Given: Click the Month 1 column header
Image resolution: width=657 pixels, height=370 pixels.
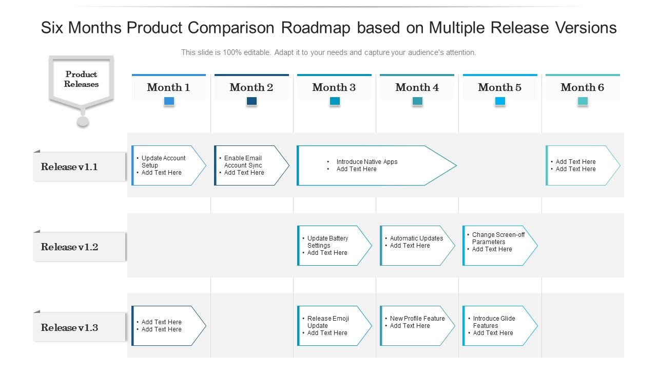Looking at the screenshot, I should pyautogui.click(x=168, y=87).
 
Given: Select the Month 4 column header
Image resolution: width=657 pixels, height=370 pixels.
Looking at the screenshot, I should pyautogui.click(x=417, y=87).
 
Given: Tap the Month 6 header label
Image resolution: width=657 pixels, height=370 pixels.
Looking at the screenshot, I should pyautogui.click(x=582, y=87).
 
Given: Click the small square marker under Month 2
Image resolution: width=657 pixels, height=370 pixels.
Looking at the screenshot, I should pyautogui.click(x=252, y=101).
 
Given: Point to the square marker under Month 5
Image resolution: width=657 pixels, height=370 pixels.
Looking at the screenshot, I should pyautogui.click(x=500, y=101).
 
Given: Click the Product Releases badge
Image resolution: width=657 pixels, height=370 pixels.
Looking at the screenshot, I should pyautogui.click(x=81, y=80).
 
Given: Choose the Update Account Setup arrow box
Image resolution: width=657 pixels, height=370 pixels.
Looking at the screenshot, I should pyautogui.click(x=167, y=165).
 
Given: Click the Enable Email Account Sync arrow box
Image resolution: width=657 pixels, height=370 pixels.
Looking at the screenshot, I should pyautogui.click(x=250, y=165).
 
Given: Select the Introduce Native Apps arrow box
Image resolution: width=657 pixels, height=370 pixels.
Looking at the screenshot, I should pyautogui.click(x=375, y=165).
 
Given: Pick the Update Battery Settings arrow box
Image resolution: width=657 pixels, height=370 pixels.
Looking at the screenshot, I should pyautogui.click(x=333, y=246).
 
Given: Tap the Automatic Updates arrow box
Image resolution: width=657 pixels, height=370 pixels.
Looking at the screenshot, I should pyautogui.click(x=416, y=246).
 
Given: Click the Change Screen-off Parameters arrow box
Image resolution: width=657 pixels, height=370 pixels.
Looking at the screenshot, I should pyautogui.click(x=499, y=246).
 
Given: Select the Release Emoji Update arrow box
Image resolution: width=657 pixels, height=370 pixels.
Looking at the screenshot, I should pyautogui.click(x=333, y=326).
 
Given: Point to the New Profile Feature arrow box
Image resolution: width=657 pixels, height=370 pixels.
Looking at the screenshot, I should pyautogui.click(x=416, y=326).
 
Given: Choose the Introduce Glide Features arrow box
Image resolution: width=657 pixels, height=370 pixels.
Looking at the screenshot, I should pyautogui.click(x=499, y=326).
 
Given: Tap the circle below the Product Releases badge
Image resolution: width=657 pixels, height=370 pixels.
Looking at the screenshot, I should pyautogui.click(x=83, y=122).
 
